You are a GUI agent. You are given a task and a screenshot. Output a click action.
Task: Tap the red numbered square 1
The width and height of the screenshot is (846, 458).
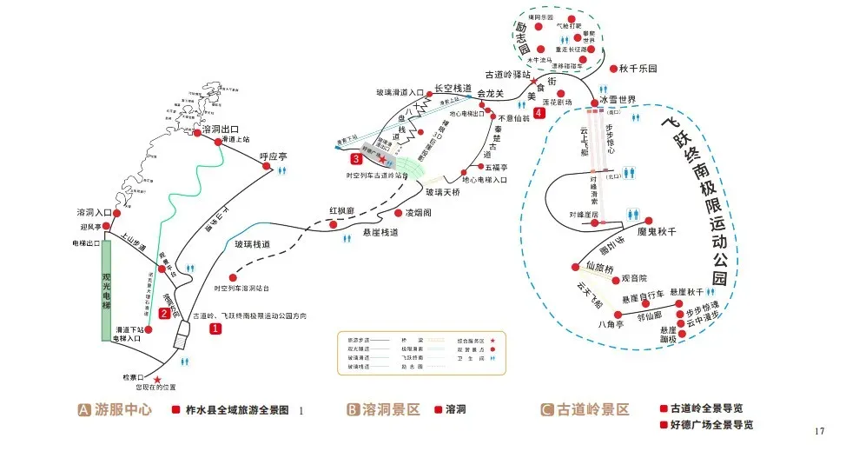tap(215, 329)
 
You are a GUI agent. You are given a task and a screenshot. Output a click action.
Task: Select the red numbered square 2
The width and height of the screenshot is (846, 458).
tap(164, 313)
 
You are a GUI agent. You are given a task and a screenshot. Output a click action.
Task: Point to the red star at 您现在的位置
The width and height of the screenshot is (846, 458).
tap(157, 379)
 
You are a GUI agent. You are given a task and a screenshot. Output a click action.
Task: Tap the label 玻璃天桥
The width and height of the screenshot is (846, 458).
tap(443, 191)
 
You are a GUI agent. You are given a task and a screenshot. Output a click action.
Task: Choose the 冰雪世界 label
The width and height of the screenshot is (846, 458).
tap(619, 100)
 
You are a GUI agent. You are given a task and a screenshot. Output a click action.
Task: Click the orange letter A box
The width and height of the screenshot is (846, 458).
tap(84, 409)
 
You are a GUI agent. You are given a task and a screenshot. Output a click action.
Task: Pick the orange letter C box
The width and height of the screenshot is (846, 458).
tap(546, 409)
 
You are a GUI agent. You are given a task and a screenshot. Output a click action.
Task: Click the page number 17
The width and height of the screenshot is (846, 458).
tap(821, 432)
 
